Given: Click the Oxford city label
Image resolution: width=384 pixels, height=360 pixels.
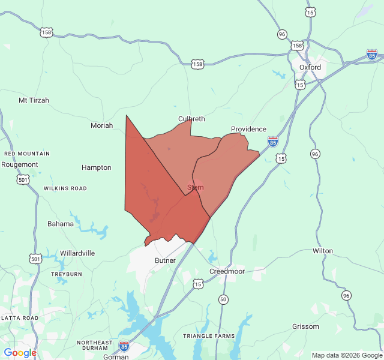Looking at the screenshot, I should [310, 67].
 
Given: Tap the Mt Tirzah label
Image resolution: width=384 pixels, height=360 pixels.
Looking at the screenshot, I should [34, 100].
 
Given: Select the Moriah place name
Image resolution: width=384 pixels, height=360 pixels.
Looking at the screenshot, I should [101, 125].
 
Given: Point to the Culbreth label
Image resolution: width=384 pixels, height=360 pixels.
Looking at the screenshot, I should [191, 119].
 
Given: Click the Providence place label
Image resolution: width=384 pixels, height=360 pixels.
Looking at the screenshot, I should [248, 129].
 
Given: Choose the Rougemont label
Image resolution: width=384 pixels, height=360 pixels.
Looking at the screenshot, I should [20, 164].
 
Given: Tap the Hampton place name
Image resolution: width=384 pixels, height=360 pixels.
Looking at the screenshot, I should [96, 167].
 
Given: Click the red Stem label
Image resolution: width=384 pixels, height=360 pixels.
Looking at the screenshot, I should [196, 187].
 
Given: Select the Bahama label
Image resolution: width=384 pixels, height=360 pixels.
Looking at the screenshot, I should [61, 224].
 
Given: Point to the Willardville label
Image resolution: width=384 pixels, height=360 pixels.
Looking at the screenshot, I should [77, 253].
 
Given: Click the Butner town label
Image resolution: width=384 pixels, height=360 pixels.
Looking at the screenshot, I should [165, 260].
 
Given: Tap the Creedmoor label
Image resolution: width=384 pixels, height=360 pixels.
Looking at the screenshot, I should [227, 271].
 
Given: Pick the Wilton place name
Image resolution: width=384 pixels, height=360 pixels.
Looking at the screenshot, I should [323, 251].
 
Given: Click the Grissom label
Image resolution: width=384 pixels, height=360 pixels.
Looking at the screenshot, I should [305, 326].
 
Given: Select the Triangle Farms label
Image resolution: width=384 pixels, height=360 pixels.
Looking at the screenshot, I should [209, 336].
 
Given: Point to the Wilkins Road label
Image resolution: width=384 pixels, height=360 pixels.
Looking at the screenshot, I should [65, 188].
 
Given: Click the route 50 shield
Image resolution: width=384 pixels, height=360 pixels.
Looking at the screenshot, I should [223, 299].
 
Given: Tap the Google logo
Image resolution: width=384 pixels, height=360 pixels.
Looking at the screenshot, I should [20, 353].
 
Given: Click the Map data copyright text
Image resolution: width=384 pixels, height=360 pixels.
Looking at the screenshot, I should [346, 355].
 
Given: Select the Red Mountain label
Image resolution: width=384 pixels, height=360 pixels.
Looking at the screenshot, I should [27, 154].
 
